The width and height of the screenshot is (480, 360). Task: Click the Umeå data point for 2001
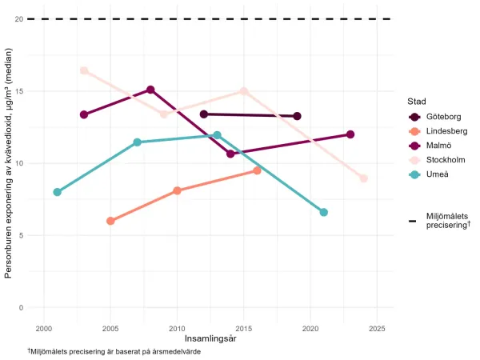(x=57, y=192)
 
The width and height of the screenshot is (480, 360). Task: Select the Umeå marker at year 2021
(x=324, y=212)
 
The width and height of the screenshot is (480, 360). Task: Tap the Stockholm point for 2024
(x=364, y=178)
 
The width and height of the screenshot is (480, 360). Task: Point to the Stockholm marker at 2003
(x=84, y=70)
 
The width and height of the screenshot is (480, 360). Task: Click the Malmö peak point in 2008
(x=150, y=90)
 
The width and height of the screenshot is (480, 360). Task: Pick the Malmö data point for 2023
(x=350, y=134)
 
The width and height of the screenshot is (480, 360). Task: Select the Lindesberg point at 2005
(x=110, y=221)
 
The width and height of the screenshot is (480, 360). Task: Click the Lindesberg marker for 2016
(x=257, y=170)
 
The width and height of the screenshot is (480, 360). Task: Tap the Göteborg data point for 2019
(x=297, y=116)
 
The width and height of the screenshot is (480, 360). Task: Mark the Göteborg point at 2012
(x=204, y=114)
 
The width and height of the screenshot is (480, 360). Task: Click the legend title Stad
(x=418, y=102)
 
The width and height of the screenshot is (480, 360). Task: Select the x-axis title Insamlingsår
(x=210, y=339)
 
